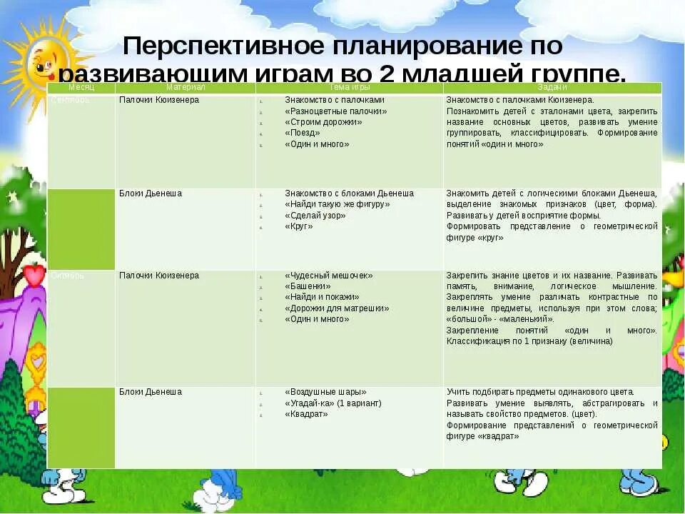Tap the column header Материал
pyautogui.click(x=186, y=87)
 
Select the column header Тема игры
pyautogui.click(x=350, y=87)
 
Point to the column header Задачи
pyautogui.click(x=552, y=87)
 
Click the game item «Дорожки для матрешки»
pyautogui.click(x=337, y=308)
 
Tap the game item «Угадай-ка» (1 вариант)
pyautogui.click(x=333, y=403)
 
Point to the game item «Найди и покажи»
pyautogui.click(x=321, y=297)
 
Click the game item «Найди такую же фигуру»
pyautogui.click(x=337, y=204)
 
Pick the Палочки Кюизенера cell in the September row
pyautogui.click(x=159, y=100)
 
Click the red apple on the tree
pyautogui.click(x=34, y=274)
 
